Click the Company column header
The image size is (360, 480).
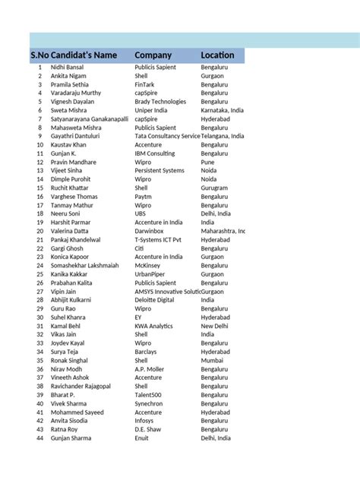(153, 55)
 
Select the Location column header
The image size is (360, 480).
(217, 55)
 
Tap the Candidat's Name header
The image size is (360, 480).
(85, 55)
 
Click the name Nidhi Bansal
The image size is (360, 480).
(67, 68)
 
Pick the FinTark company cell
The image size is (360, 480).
(147, 84)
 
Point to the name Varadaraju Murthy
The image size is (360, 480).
(77, 93)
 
